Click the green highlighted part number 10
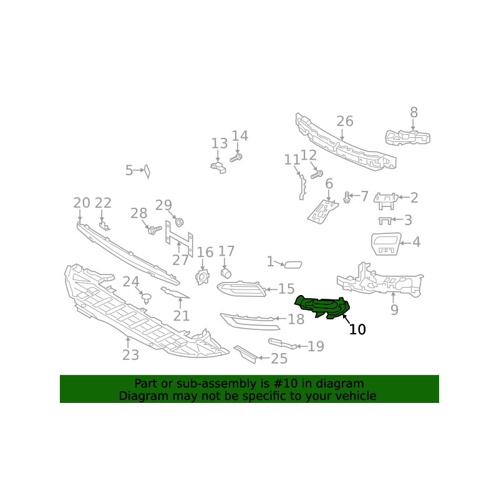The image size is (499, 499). point(322,307)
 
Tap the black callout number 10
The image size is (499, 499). point(357,329)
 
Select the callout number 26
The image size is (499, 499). point(345,121)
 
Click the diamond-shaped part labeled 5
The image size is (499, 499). point(147,171)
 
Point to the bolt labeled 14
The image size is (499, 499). point(236,157)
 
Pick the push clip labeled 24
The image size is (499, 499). point(146,298)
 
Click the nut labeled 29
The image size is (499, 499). point(180,222)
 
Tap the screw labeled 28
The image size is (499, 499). point(155,230)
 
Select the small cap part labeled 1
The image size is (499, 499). point(293,264)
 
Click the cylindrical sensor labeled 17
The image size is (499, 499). point(226,273)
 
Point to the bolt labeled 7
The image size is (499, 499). point(347,197)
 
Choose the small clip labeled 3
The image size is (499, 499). point(385,221)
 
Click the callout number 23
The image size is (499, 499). point(131,355)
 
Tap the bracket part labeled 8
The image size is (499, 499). point(408,137)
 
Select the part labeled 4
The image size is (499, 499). point(386,244)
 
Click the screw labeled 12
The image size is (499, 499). point(317,175)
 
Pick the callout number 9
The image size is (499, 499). point(394,309)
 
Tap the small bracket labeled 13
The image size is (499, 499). point(218,167)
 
